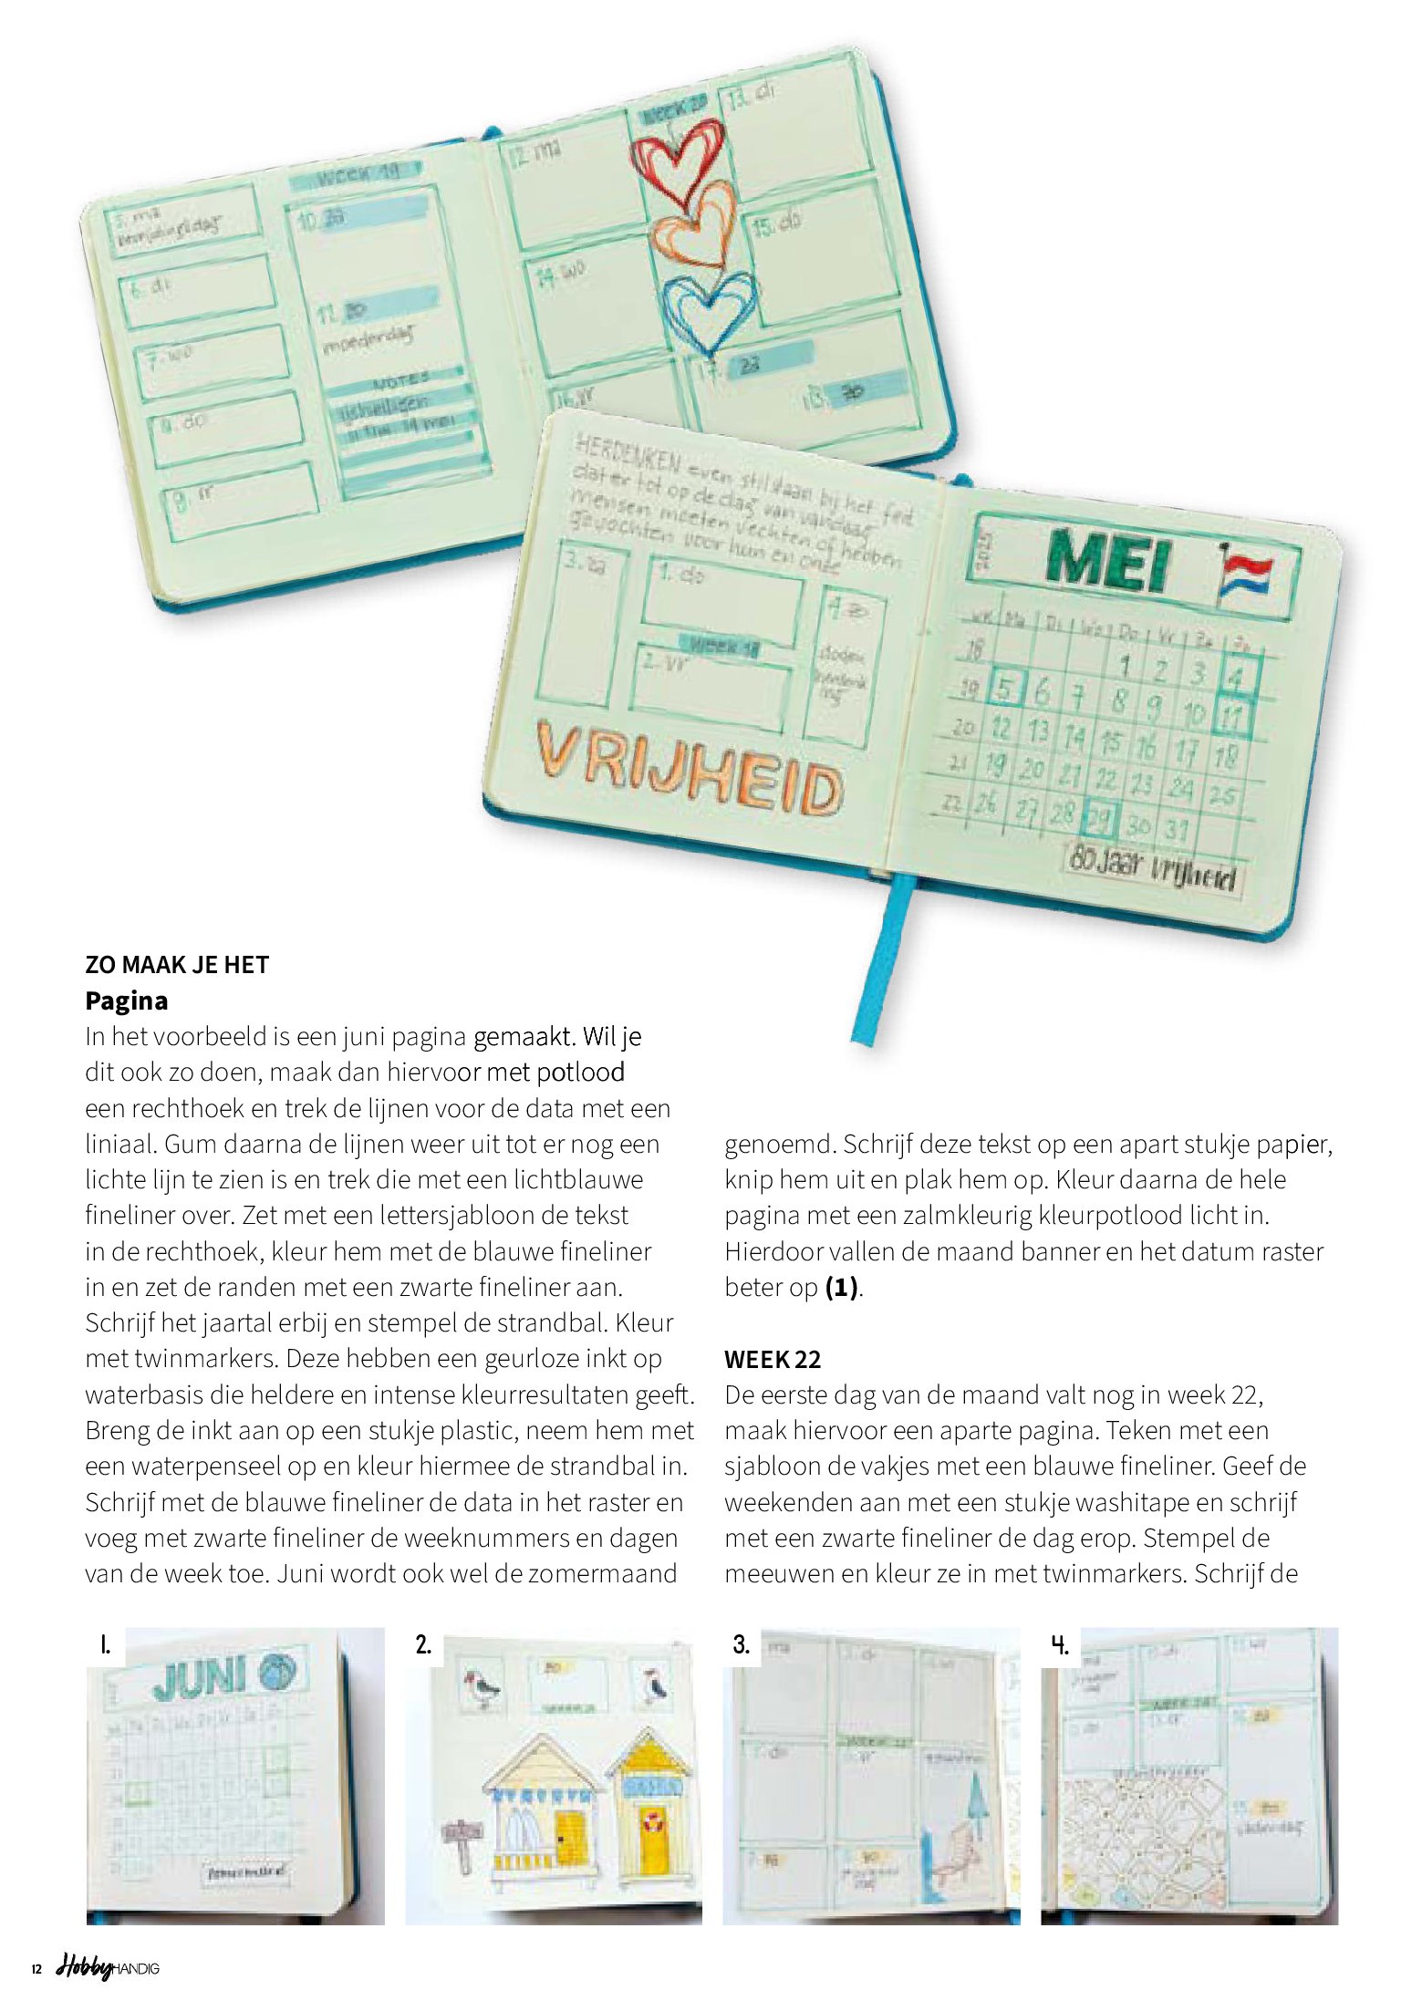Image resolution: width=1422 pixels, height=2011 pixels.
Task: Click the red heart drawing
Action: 677,161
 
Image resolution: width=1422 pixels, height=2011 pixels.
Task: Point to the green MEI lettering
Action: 1106,560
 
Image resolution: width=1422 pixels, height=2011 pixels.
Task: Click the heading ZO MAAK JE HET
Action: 177,965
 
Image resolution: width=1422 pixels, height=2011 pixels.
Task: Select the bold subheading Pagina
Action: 126,1000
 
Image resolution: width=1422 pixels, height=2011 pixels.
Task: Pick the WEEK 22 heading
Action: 773,1360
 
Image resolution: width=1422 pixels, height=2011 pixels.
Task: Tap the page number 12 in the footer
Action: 36,1969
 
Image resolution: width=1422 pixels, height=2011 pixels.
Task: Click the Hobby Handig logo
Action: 108,1968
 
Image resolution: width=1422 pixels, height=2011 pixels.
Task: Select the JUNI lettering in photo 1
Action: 201,1679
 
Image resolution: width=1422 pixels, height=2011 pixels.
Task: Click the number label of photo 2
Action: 422,1645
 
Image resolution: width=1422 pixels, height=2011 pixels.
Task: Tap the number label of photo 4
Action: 1059,1645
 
